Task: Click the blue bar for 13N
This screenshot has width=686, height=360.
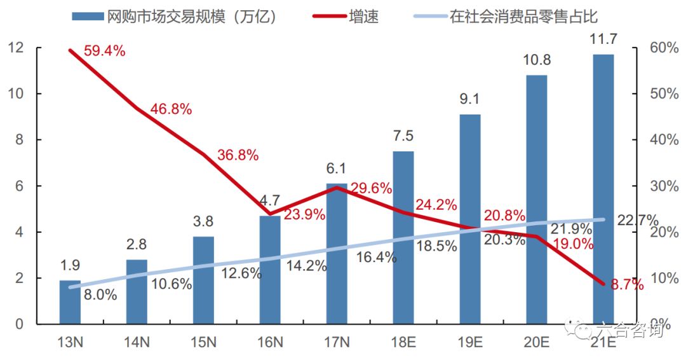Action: point(71,302)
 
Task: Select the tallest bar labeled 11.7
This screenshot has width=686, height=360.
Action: point(603,191)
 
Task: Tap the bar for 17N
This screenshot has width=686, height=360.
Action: point(337,254)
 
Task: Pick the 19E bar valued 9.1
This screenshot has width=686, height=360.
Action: point(470,219)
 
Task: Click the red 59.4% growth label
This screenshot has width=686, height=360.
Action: point(105,52)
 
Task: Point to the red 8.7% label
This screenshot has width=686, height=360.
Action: point(627,286)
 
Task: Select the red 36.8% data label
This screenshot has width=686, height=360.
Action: point(238,155)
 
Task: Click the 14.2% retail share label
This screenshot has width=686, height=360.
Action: point(306,266)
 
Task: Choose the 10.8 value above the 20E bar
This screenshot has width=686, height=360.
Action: point(537,61)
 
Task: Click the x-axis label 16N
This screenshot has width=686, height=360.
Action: point(270,342)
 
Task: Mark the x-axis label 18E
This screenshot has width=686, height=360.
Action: point(403,342)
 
